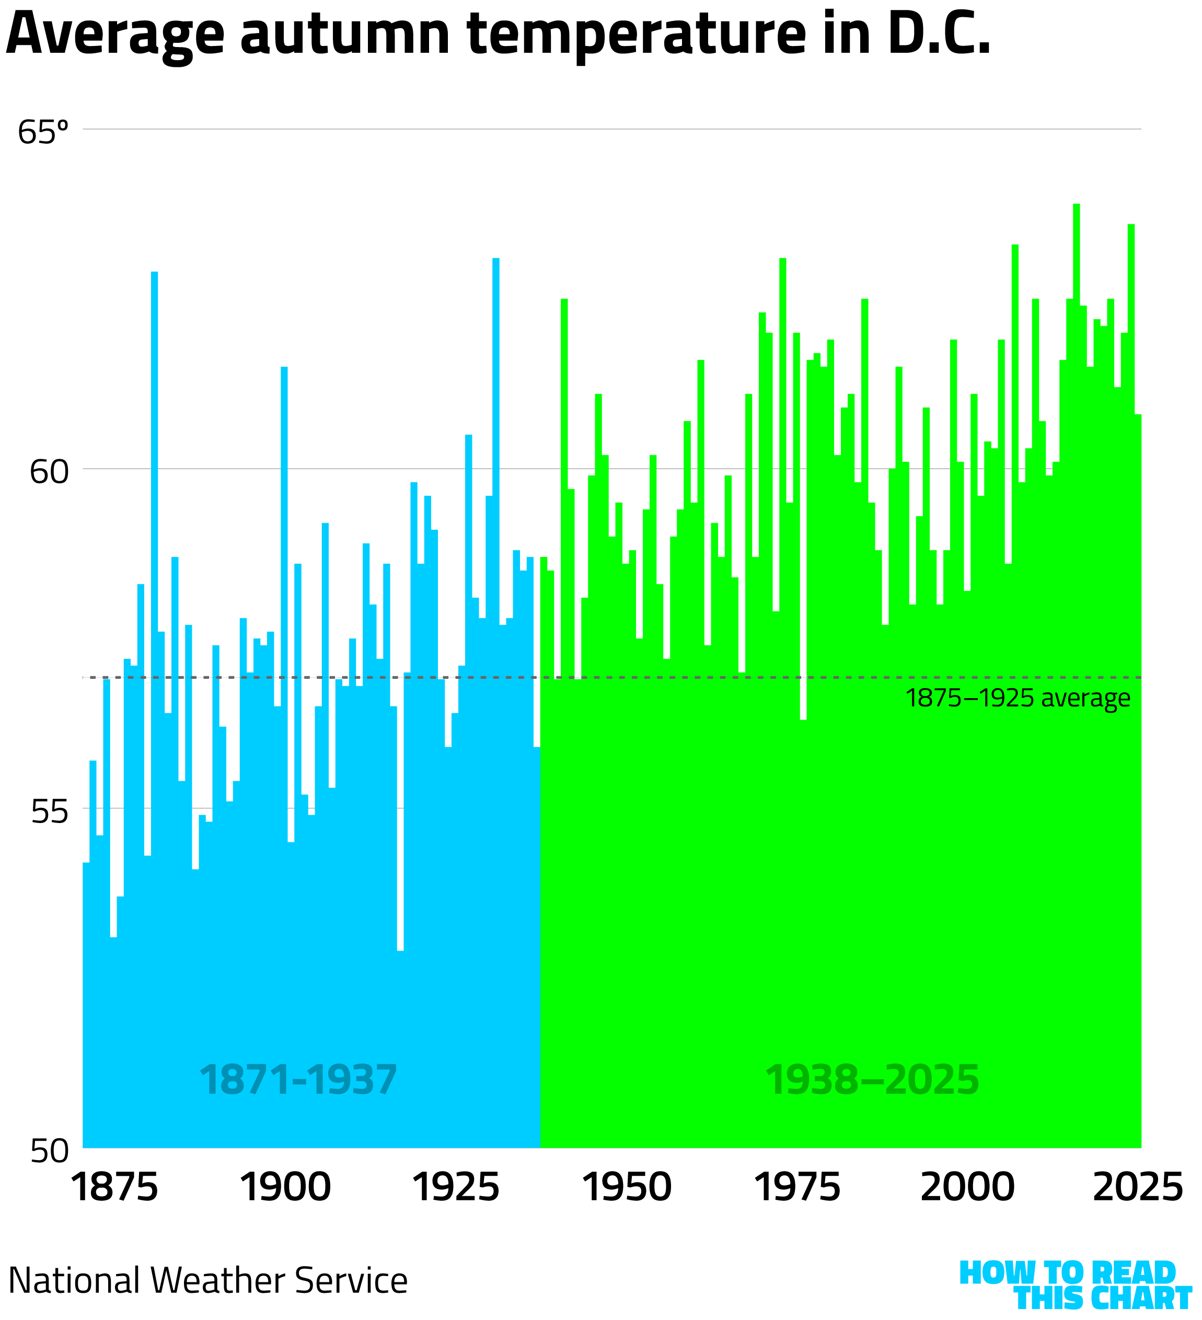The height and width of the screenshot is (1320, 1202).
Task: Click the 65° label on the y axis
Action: tap(42, 133)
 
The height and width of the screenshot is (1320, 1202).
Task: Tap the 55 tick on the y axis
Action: tap(49, 813)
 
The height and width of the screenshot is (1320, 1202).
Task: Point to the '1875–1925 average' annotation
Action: tap(1018, 699)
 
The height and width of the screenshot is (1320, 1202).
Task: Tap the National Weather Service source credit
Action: tap(208, 1281)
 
